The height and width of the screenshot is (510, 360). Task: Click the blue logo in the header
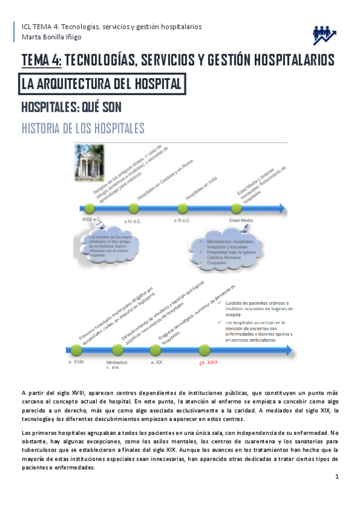(x=324, y=35)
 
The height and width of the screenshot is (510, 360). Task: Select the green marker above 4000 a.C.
(x=89, y=209)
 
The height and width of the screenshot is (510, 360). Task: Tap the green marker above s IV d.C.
(x=134, y=209)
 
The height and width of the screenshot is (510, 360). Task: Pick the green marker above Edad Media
(x=248, y=209)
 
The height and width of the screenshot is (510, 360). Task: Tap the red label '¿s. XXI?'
(x=208, y=363)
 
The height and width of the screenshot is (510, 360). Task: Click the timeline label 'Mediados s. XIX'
(x=116, y=365)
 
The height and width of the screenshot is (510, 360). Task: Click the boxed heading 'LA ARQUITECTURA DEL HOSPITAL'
(x=100, y=84)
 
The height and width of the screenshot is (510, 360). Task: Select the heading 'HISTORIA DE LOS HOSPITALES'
(x=82, y=129)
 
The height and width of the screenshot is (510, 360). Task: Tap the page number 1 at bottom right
(x=338, y=477)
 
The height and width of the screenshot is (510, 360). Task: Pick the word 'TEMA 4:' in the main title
(x=41, y=60)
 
